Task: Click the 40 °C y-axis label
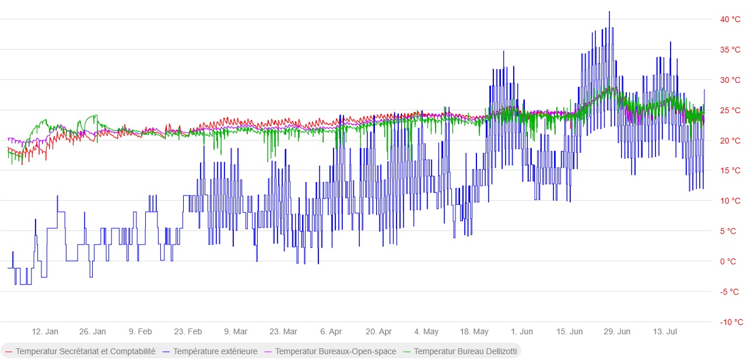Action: pyautogui.click(x=730, y=19)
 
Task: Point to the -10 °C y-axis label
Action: pyautogui.click(x=731, y=322)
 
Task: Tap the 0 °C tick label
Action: pyautogui.click(x=728, y=261)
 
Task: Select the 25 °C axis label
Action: pyautogui.click(x=730, y=110)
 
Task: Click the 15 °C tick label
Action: pyautogui.click(x=730, y=170)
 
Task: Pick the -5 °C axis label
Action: pyautogui.click(x=730, y=292)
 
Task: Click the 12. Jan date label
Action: pyautogui.click(x=45, y=331)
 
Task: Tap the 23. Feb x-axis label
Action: pyautogui.click(x=188, y=331)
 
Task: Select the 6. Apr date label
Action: pyautogui.click(x=331, y=331)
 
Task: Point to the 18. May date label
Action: pyautogui.click(x=474, y=331)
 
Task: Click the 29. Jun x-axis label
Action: pyautogui.click(x=617, y=331)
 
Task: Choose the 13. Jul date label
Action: pyautogui.click(x=665, y=331)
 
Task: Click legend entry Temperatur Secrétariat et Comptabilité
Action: pyautogui.click(x=80, y=351)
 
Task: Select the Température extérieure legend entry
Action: pyautogui.click(x=210, y=351)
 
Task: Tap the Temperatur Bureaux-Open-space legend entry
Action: pyautogui.click(x=331, y=351)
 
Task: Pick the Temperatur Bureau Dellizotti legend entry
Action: pyautogui.click(x=460, y=351)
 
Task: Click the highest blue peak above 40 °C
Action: pyautogui.click(x=609, y=12)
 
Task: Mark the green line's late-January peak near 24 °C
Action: pyautogui.click(x=96, y=116)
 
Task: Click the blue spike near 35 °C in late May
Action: pyautogui.click(x=504, y=51)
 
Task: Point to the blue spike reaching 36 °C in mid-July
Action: pyautogui.click(x=671, y=43)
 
